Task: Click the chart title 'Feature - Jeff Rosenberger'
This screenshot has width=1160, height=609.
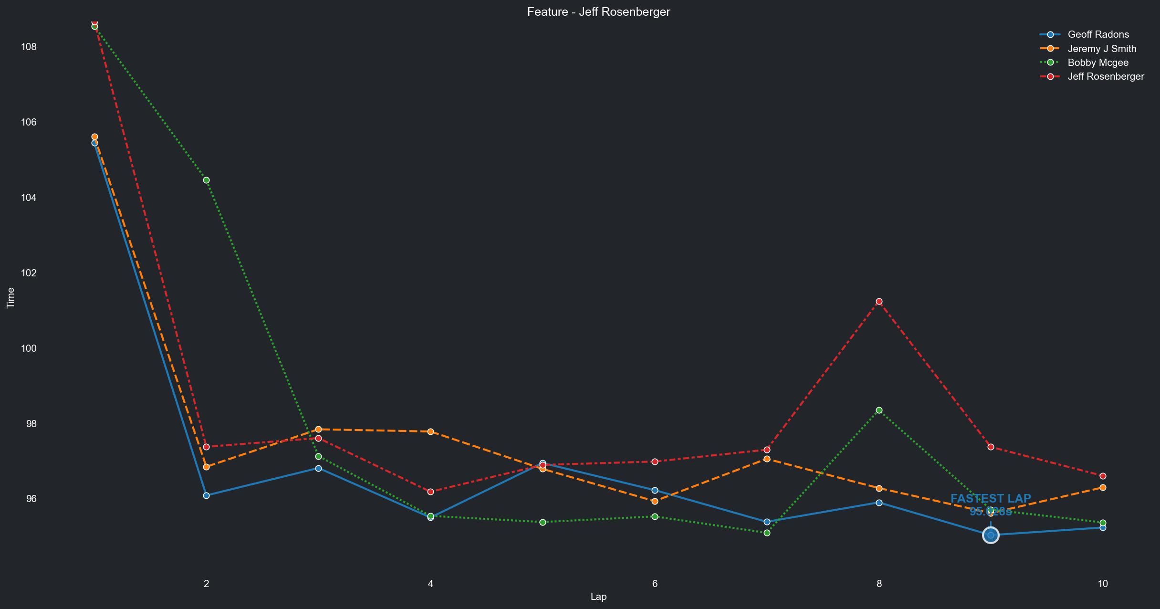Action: (598, 12)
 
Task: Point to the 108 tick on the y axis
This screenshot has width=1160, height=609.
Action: (29, 47)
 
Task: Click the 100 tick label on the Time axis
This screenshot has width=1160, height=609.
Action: (29, 348)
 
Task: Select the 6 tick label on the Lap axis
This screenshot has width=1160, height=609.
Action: (655, 583)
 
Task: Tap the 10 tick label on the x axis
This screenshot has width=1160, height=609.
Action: (1103, 583)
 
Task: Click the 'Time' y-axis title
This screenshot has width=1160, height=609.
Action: (10, 298)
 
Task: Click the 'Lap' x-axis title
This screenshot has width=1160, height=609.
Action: (598, 597)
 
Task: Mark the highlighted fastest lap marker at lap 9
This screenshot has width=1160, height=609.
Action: (991, 535)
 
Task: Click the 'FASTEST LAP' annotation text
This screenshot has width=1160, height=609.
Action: (991, 499)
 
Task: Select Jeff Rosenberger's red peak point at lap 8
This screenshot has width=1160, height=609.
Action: (879, 302)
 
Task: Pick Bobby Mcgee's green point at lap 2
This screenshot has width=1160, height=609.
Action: (206, 180)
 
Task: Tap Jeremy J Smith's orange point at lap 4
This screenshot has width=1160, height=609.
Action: (430, 432)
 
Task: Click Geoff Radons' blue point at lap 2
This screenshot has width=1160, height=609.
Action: (206, 496)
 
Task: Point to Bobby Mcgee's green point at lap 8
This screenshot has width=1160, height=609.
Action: (879, 410)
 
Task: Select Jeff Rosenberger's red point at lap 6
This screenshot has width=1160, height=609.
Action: (655, 462)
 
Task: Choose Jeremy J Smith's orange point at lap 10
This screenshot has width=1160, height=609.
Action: (1103, 488)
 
